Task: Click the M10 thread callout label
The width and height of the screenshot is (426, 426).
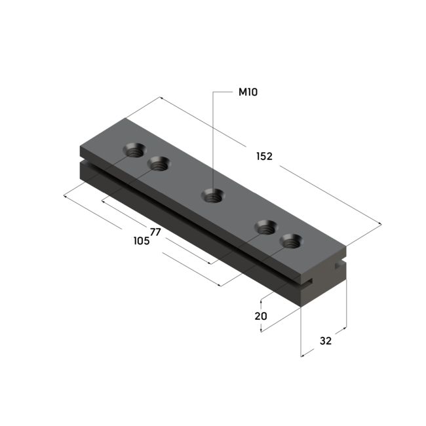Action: point(248,92)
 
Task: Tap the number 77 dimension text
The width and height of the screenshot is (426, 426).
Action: point(155,232)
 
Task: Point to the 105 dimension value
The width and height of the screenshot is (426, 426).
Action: point(141,241)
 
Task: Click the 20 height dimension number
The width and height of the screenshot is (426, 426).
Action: point(261,317)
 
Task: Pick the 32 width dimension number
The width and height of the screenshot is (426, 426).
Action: point(326,340)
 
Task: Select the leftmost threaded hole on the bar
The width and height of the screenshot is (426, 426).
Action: point(134,150)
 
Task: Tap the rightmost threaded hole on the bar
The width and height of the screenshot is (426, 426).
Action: point(289,241)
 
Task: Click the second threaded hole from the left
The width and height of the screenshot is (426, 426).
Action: point(157,164)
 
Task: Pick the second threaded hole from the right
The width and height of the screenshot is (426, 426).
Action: point(265,227)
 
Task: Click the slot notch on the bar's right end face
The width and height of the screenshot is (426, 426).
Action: point(338,265)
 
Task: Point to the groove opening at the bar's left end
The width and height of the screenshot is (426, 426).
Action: point(81,160)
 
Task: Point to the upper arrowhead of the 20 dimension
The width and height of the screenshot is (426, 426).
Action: point(262,302)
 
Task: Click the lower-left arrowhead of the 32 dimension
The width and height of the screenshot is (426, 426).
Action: point(302,356)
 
